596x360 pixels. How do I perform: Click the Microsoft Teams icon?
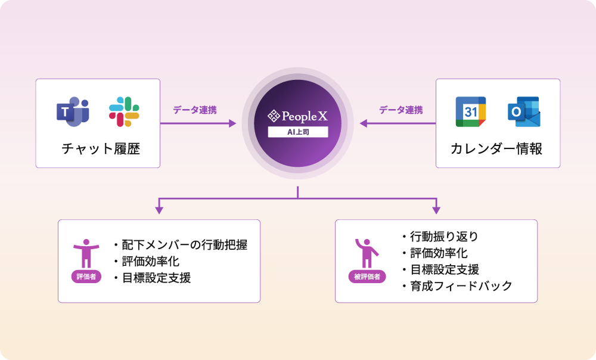pyautogui.click(x=73, y=112)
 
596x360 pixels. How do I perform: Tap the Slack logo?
pyautogui.click(x=124, y=112)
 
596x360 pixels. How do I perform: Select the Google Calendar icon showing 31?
pyautogui.click(x=471, y=112)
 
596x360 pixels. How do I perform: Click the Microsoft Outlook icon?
pyautogui.click(x=524, y=112)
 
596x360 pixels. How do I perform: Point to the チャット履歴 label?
pyautogui.click(x=101, y=148)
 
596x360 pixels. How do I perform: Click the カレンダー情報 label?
pyautogui.click(x=496, y=148)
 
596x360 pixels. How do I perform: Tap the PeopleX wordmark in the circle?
pyautogui.click(x=297, y=116)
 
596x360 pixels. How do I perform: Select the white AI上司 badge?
pyautogui.click(x=298, y=132)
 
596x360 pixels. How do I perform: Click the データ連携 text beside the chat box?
pyautogui.click(x=195, y=110)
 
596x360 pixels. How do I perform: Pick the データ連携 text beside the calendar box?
pyautogui.click(x=401, y=110)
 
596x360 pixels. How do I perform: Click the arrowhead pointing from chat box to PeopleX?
pyautogui.click(x=232, y=123)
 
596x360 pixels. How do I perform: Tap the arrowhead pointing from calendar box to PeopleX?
pyautogui.click(x=364, y=123)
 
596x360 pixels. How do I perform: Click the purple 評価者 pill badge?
pyautogui.click(x=86, y=277)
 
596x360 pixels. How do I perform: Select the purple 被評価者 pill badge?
pyautogui.click(x=367, y=277)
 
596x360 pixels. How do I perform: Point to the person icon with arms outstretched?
pyautogui.click(x=86, y=253)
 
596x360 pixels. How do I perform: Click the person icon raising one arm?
pyautogui.click(x=367, y=253)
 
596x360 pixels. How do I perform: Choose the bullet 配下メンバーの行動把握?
pyautogui.click(x=181, y=245)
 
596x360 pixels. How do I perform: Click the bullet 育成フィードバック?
pyautogui.click(x=457, y=286)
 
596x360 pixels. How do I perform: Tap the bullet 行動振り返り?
pyautogui.click(x=440, y=237)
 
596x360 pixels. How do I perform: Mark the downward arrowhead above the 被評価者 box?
pyautogui.click(x=436, y=210)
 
